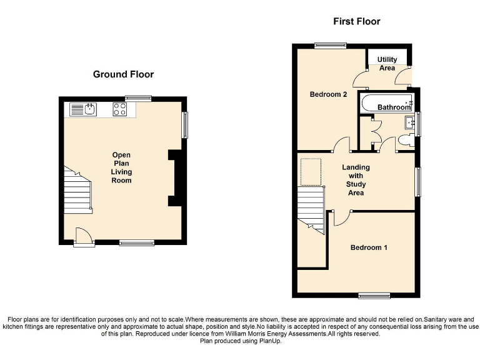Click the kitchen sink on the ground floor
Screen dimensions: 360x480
83,110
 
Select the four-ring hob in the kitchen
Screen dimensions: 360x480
120,110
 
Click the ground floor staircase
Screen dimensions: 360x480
77,189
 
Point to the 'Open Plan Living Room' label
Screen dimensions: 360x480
121,167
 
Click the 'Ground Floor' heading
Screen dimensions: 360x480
123,74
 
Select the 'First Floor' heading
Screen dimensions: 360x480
356,22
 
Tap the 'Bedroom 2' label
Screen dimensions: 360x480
329,95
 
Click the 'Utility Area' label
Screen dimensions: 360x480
387,64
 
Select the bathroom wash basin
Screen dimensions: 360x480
410,122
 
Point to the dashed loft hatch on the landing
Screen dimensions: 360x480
311,172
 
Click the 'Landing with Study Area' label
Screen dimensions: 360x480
356,180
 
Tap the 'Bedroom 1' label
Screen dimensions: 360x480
369,248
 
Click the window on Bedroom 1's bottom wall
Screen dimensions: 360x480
374,295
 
